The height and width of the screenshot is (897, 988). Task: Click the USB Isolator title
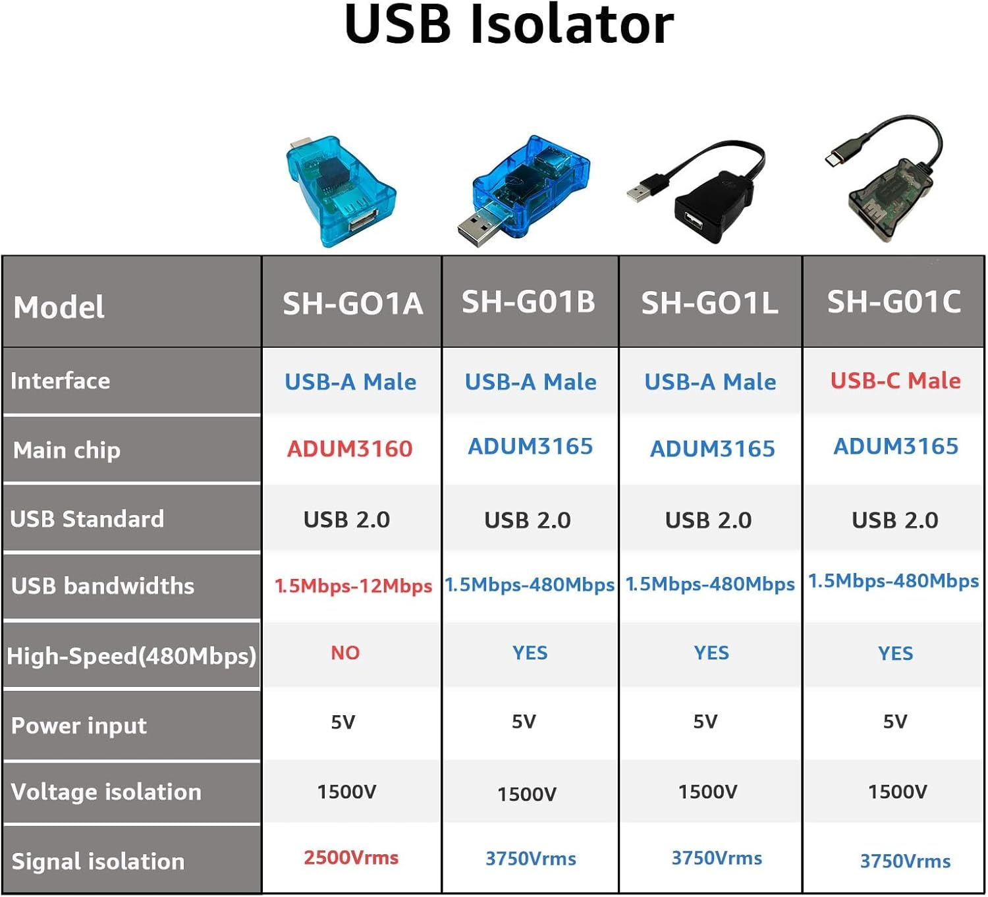pos(508,25)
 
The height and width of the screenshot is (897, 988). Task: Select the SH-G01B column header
pos(528,302)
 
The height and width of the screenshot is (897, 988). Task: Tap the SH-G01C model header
pos(894,302)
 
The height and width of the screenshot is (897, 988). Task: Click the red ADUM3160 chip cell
pos(350,449)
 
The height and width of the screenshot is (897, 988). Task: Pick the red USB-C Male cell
pos(895,381)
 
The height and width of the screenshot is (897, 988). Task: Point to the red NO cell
pos(345,653)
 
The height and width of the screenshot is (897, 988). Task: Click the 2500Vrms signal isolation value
pos(351,857)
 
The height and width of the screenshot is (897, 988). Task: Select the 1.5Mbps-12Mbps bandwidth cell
pos(353,585)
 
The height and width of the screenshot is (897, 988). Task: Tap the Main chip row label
pos(67,450)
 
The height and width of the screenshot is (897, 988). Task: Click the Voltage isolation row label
pos(106,792)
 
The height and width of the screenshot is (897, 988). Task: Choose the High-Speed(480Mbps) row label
pos(131,656)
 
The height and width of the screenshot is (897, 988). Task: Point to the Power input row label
pos(79,726)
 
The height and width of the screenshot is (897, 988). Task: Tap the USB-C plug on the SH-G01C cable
pos(838,159)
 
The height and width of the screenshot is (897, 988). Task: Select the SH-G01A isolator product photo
pos(339,191)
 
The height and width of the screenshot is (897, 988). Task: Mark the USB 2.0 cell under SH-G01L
pos(708,520)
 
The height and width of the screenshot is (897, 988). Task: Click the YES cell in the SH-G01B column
pos(530,653)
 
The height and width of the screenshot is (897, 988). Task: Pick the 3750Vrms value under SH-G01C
pos(905,861)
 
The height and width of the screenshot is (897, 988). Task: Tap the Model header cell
pos(59,307)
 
